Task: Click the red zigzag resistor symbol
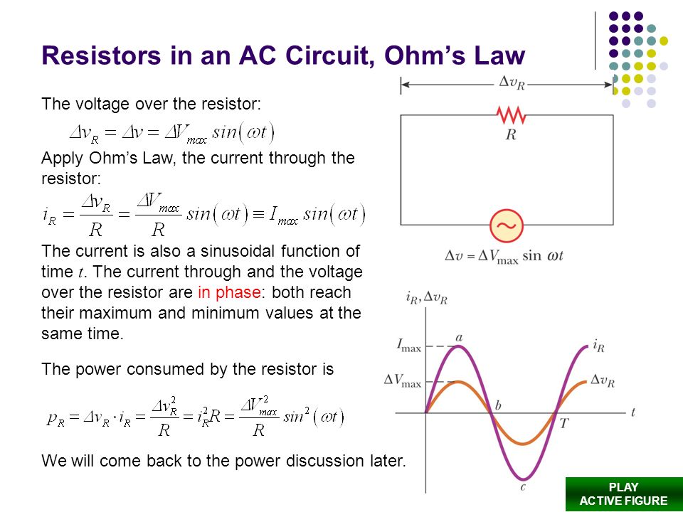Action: pos(511,115)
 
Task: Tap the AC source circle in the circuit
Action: pos(507,225)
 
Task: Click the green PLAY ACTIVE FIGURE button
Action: pos(624,494)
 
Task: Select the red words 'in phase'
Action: pos(229,292)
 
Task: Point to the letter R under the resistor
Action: pos(511,135)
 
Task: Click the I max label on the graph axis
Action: pos(408,346)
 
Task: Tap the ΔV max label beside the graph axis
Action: pos(403,380)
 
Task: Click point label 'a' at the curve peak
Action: pos(459,337)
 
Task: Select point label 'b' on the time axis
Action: pos(498,406)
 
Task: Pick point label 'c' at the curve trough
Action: pos(523,486)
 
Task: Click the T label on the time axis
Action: pos(564,422)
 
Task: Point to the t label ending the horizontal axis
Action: pos(632,412)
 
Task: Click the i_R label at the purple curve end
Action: pos(598,346)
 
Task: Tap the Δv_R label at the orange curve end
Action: pos(603,380)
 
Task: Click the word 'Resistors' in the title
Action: pos(102,55)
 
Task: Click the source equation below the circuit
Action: pos(504,256)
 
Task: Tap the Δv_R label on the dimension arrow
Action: pos(512,82)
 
